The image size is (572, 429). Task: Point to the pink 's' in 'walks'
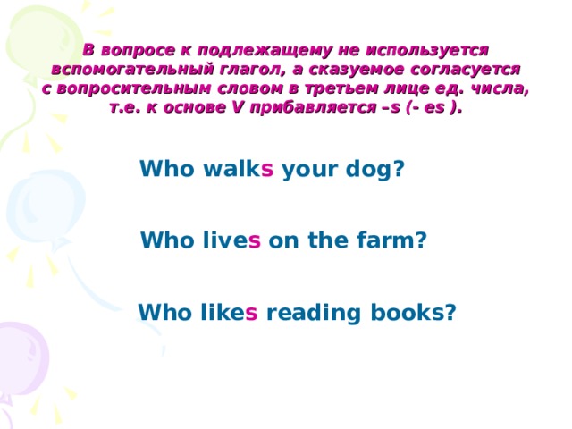click(267, 169)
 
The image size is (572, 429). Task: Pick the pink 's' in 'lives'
click(254, 241)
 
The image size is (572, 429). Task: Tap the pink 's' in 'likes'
click(251, 314)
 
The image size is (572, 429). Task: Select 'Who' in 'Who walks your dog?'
click(167, 168)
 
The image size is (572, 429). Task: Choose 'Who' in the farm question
click(167, 240)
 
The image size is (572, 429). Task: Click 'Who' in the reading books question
click(164, 312)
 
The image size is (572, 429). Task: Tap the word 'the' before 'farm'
click(328, 240)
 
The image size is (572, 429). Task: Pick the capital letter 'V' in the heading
click(238, 107)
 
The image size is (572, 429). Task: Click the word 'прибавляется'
click(314, 107)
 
